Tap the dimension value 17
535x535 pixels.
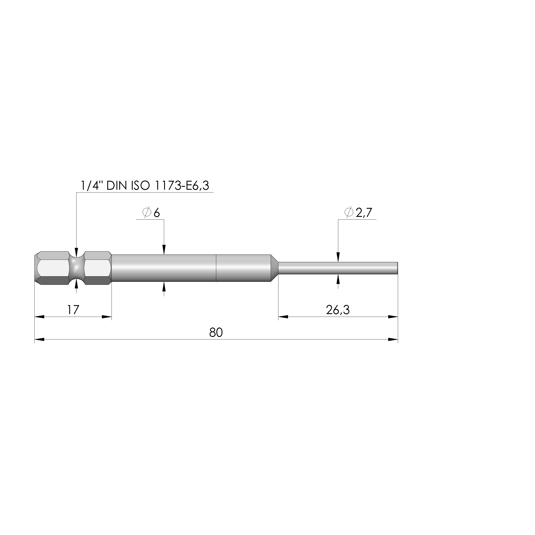point(73,310)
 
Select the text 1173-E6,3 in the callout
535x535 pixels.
point(181,186)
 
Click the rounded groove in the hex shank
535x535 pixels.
point(76,268)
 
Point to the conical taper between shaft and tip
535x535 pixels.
point(274,268)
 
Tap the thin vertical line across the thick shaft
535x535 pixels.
point(216,268)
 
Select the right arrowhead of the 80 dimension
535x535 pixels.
point(393,340)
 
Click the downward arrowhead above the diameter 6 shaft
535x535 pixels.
point(164,250)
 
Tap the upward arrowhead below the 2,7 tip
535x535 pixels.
point(338,280)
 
